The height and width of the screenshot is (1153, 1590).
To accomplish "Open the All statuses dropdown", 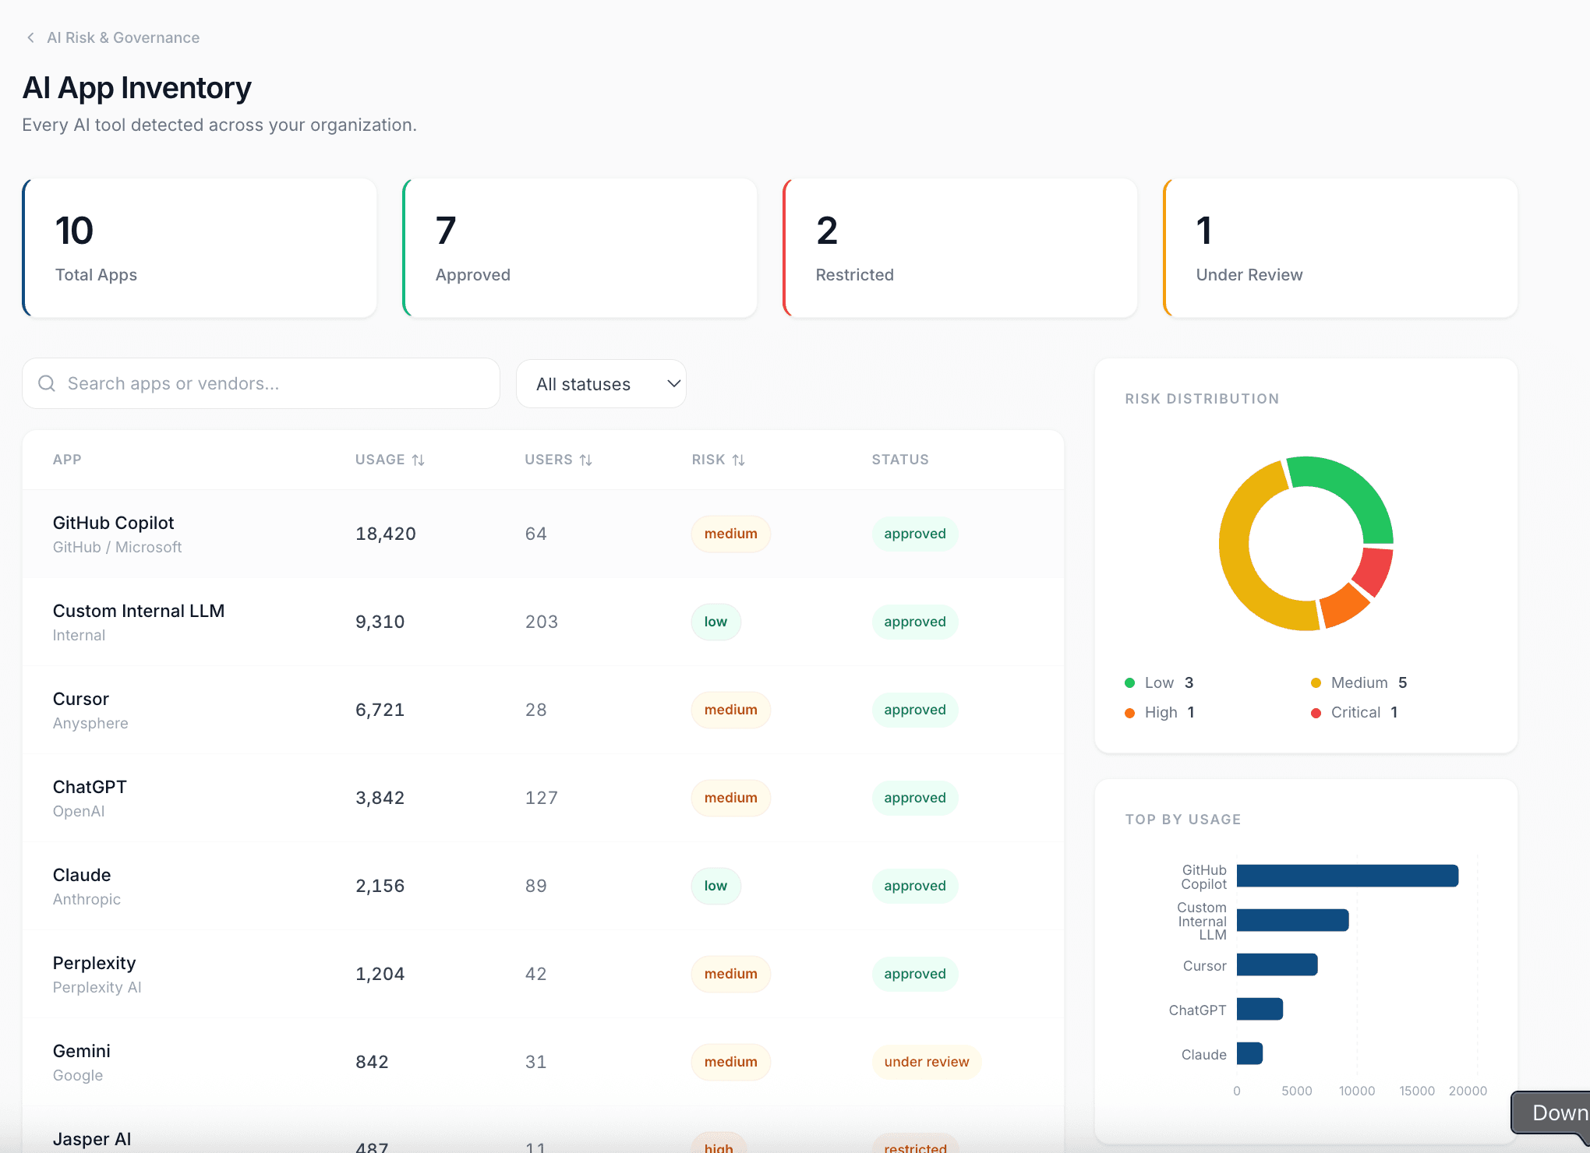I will click(x=601, y=383).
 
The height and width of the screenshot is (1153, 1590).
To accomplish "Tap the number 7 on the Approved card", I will click(x=446, y=231).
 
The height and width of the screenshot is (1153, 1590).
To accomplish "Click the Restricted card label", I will click(x=854, y=275).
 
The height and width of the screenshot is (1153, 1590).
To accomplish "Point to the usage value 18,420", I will click(x=385, y=534).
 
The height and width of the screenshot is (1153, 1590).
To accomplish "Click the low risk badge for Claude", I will click(x=715, y=886).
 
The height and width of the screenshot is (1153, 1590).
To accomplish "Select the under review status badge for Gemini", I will click(x=926, y=1062).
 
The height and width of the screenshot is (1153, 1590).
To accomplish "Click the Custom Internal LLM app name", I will click(x=139, y=611).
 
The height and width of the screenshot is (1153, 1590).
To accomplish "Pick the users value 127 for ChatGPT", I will click(x=541, y=798).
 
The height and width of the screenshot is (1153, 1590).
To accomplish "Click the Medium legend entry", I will click(x=1359, y=682).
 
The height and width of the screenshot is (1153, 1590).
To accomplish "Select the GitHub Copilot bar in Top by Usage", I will click(x=1347, y=876).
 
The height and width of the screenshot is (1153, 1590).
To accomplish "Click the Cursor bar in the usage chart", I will click(x=1277, y=964).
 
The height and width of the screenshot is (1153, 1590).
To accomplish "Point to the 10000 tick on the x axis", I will click(x=1356, y=1091).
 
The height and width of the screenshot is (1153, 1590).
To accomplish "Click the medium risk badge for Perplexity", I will click(x=730, y=974).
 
